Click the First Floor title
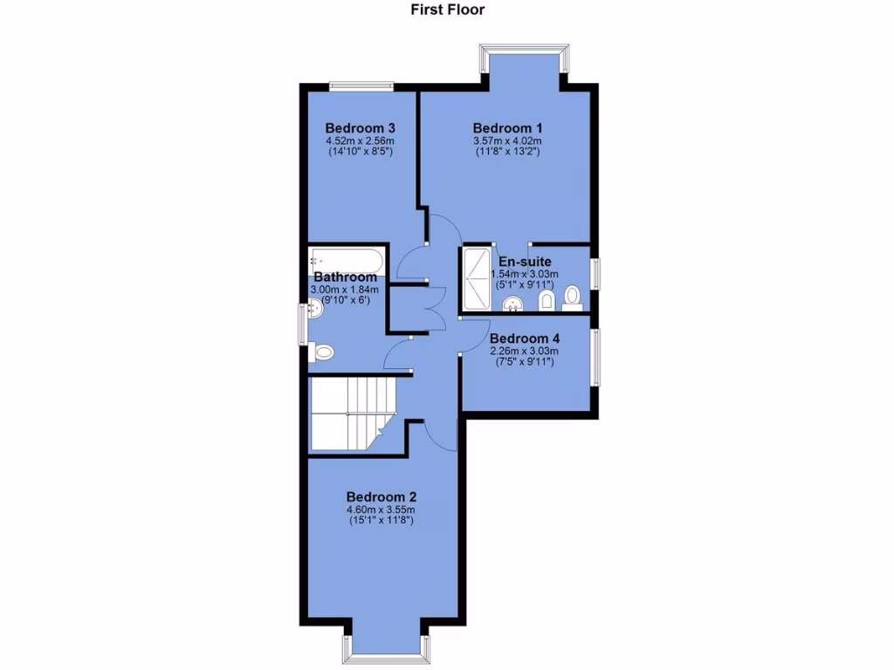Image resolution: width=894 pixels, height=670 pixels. point(447,10)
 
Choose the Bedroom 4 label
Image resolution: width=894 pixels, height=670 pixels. point(525,338)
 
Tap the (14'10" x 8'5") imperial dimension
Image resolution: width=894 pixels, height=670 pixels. point(361,152)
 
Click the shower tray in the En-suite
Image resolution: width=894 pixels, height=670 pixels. point(478,277)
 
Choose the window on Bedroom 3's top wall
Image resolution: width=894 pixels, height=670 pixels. point(361,85)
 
